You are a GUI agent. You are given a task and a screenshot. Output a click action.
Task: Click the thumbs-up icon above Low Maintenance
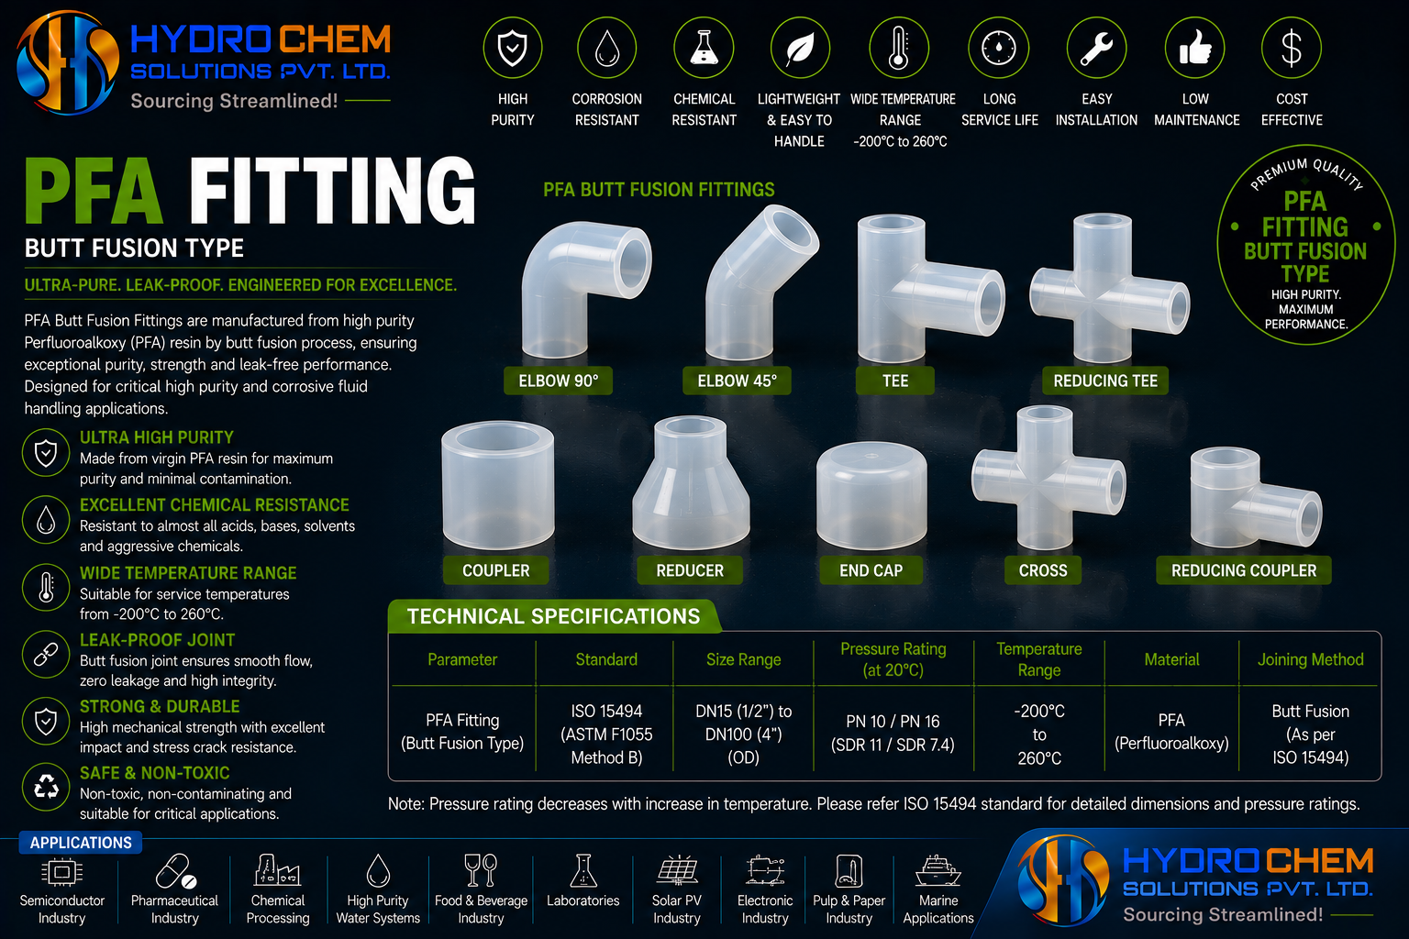click(x=1194, y=48)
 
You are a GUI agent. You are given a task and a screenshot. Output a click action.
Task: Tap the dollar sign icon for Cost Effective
click(x=1292, y=48)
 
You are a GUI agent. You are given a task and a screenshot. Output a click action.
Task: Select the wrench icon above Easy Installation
click(x=1096, y=48)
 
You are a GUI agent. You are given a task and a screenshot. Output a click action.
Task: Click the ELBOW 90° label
click(x=558, y=381)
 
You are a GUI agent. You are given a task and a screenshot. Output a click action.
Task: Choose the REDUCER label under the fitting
click(x=690, y=570)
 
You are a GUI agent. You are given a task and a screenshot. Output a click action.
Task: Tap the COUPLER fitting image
click(x=497, y=485)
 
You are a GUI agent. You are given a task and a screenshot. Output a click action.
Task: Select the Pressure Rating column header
click(x=893, y=659)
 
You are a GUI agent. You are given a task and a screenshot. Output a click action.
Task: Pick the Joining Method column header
click(x=1310, y=659)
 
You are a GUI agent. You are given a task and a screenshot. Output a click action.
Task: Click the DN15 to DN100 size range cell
click(x=744, y=734)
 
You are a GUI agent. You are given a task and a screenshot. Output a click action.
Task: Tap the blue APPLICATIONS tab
click(x=81, y=843)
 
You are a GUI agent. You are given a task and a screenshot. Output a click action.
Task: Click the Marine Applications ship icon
click(x=937, y=871)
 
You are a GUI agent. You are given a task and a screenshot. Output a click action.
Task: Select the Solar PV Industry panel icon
click(x=677, y=871)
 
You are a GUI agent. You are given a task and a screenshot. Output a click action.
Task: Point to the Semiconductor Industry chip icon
click(x=61, y=872)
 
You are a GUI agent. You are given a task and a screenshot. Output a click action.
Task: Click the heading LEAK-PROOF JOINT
click(x=157, y=640)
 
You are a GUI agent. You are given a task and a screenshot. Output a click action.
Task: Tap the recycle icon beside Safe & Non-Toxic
click(x=46, y=787)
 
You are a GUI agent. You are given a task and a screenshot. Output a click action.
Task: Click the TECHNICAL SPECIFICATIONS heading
click(x=553, y=616)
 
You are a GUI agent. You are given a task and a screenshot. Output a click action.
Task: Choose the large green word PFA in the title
click(x=94, y=192)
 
